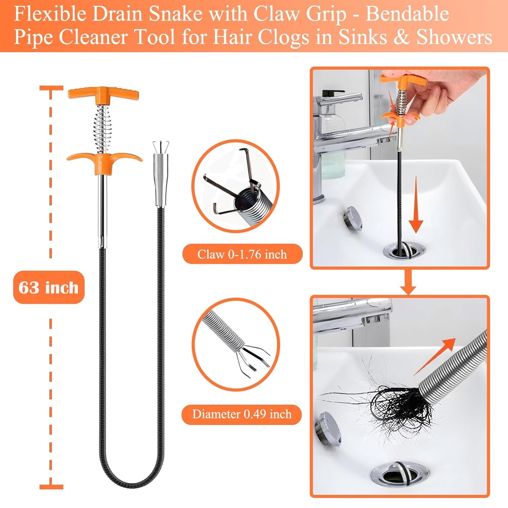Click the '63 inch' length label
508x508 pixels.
(x=49, y=287)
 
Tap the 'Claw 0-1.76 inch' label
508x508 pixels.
(x=242, y=254)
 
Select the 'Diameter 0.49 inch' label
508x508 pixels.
(x=242, y=414)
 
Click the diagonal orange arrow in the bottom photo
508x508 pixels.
(x=437, y=356)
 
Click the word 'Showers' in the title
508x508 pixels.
(x=454, y=37)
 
